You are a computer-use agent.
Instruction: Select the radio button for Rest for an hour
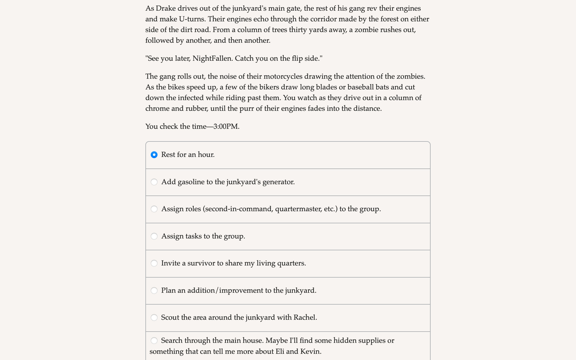click(154, 155)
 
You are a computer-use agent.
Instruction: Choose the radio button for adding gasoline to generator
click(154, 182)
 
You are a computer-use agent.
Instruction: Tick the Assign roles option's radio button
click(154, 209)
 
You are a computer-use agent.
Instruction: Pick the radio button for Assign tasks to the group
click(154, 236)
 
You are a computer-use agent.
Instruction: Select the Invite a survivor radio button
click(154, 263)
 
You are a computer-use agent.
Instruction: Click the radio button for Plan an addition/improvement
click(154, 291)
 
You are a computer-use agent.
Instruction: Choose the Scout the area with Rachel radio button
click(154, 318)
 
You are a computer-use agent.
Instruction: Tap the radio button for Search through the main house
click(154, 341)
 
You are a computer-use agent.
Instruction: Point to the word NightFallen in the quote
click(212, 58)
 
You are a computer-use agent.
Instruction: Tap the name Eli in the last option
click(280, 352)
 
